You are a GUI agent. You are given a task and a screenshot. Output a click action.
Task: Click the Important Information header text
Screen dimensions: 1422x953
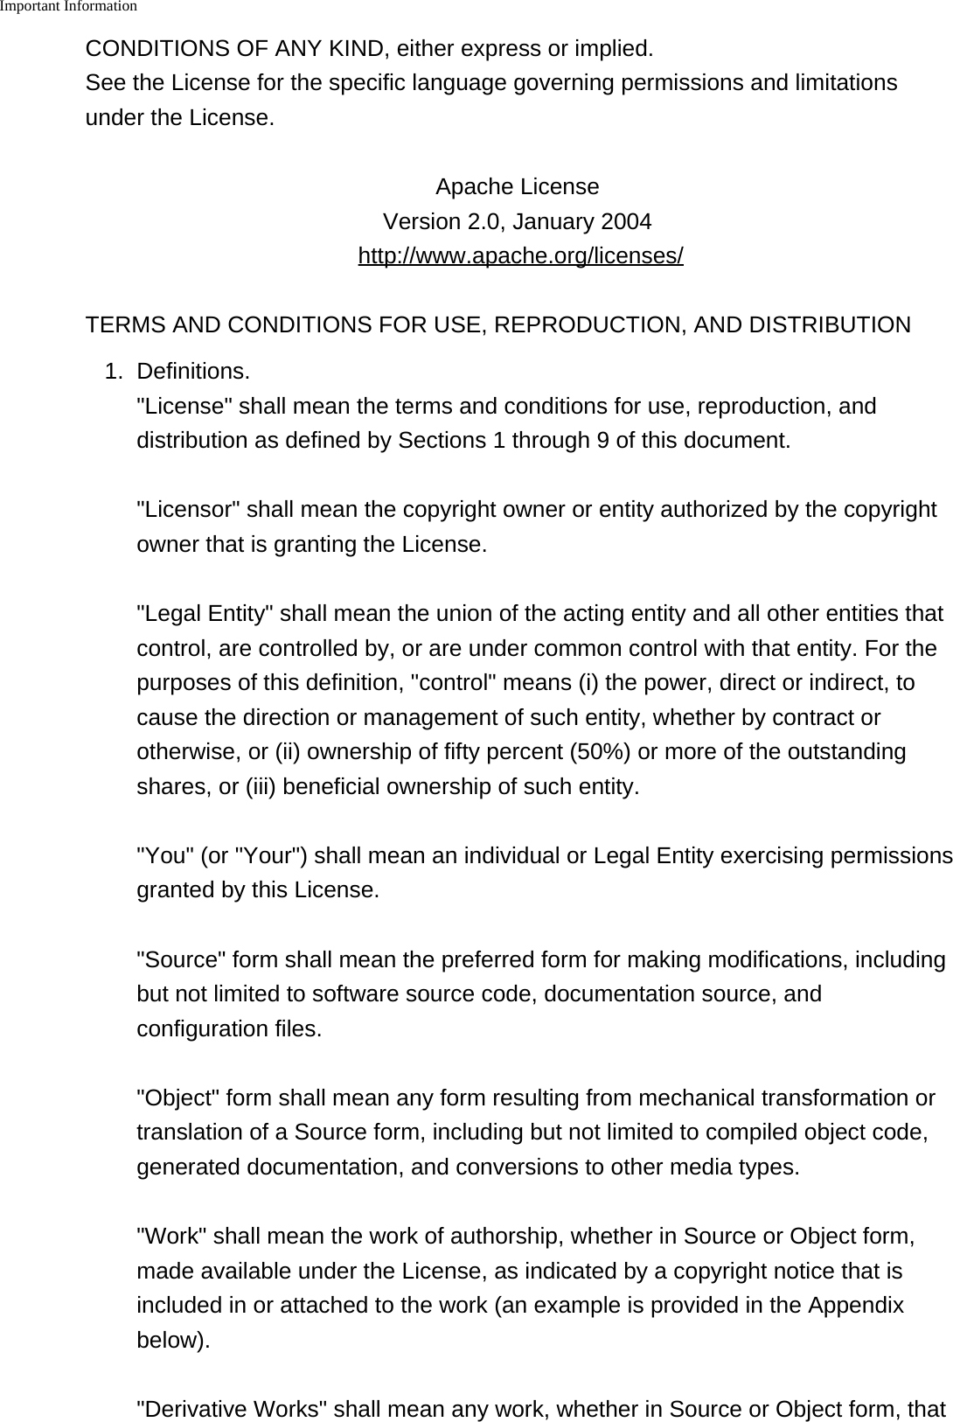pyautogui.click(x=68, y=7)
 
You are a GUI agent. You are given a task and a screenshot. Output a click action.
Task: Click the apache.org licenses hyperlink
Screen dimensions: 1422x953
pyautogui.click(x=520, y=256)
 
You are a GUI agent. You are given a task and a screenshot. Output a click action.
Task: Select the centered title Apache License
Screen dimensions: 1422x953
pyautogui.click(x=517, y=187)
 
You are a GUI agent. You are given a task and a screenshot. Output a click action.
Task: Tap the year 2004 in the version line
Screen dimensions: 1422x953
pyautogui.click(x=625, y=222)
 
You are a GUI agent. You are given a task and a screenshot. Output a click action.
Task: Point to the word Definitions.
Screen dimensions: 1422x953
pyautogui.click(x=192, y=372)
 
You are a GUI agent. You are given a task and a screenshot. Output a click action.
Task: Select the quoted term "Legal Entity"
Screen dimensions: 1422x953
pyautogui.click(x=205, y=614)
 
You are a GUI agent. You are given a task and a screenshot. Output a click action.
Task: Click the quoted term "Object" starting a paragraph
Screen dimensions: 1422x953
pyautogui.click(x=179, y=1098)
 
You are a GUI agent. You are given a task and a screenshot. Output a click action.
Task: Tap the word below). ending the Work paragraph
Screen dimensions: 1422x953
pyautogui.click(x=173, y=1341)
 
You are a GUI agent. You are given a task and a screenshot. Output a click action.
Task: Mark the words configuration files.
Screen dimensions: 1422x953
pyautogui.click(x=228, y=1029)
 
